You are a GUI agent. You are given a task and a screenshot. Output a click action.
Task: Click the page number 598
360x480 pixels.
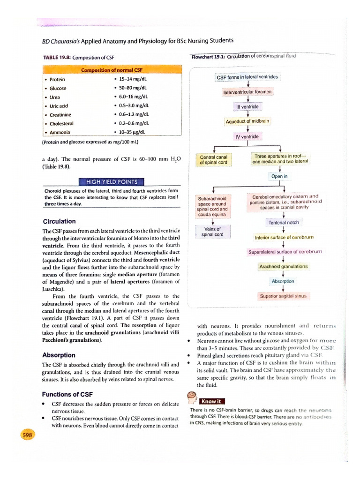coord(27,435)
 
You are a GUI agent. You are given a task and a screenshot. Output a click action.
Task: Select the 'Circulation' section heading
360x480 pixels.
coord(59,221)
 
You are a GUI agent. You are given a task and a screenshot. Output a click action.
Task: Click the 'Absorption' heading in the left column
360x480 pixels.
coord(59,355)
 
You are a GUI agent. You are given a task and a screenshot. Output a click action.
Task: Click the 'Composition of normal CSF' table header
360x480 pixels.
coord(111,70)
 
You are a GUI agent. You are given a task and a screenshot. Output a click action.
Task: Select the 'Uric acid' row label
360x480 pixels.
coord(59,106)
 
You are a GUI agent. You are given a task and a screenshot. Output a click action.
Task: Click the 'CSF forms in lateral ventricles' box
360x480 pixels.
coord(247,77)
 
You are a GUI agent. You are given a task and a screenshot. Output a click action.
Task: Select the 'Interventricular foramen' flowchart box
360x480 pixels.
coord(247,92)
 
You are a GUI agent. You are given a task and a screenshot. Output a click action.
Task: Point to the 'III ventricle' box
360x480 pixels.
coord(247,106)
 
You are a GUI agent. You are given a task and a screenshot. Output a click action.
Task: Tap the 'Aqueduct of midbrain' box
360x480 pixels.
coord(247,121)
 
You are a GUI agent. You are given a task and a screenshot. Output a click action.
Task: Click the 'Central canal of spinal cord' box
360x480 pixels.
coord(213,160)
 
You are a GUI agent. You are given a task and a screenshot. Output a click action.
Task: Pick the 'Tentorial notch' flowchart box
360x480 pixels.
coord(283,222)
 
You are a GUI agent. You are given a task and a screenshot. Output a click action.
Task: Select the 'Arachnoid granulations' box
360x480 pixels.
coord(283,266)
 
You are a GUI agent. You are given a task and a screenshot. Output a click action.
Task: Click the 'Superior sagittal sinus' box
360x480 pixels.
coord(283,296)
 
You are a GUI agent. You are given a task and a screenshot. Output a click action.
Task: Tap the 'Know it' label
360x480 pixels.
coord(212,401)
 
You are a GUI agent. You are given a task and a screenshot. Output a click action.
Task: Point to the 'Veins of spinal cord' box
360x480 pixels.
coord(212,232)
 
